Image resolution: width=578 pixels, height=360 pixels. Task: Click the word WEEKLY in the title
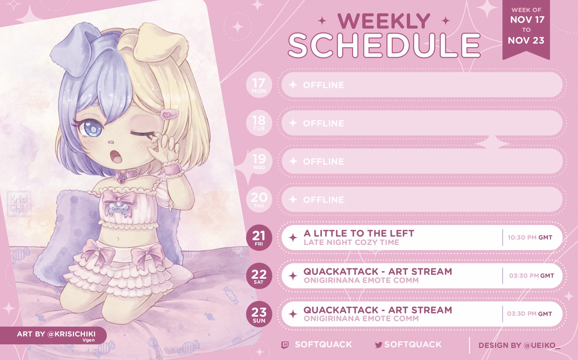(x=384, y=21)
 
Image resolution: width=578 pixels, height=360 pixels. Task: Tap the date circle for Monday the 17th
(x=259, y=85)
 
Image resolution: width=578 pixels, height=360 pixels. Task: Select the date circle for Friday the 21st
(x=259, y=237)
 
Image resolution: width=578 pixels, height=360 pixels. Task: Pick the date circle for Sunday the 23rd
(x=259, y=314)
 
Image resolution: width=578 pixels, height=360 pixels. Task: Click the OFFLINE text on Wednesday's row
(x=323, y=162)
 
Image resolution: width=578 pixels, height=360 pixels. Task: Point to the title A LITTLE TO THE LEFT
(x=359, y=233)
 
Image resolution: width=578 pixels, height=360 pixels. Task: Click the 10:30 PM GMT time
(x=530, y=237)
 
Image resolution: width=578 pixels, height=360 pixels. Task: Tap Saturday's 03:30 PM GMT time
(x=531, y=276)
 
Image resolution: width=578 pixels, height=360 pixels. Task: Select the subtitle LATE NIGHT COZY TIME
(x=351, y=243)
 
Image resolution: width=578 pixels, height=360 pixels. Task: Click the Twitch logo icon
(x=285, y=345)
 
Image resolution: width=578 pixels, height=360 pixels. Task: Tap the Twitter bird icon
(x=379, y=345)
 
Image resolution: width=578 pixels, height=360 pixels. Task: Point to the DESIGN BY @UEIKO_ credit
(x=520, y=346)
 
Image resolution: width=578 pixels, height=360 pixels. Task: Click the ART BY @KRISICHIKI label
(x=56, y=334)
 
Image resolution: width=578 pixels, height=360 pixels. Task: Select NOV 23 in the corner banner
(x=526, y=41)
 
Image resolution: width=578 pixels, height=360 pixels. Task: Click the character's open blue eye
(x=93, y=129)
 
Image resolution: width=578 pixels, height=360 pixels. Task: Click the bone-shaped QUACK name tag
(x=118, y=209)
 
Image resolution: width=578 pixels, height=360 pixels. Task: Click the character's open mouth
(x=116, y=157)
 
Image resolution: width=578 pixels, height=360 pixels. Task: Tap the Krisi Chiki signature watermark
(x=19, y=204)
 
